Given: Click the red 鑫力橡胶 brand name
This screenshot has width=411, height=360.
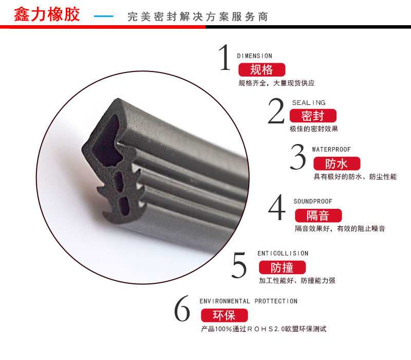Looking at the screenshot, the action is click(47, 14).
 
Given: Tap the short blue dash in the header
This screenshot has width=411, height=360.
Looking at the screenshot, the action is click(104, 16).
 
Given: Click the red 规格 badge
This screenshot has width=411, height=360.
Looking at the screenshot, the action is click(261, 69).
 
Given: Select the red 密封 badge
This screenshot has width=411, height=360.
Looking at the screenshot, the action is click(313, 116).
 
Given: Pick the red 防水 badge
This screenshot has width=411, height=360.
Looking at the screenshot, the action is click(337, 164).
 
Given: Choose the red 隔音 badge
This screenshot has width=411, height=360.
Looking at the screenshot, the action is click(318, 215).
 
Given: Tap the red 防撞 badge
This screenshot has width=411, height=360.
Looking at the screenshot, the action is click(282, 267).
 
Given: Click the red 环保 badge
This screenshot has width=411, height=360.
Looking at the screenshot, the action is click(225, 315).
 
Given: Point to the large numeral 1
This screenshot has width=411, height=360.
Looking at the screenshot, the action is click(225, 57).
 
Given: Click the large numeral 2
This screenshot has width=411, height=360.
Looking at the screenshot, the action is click(276, 111).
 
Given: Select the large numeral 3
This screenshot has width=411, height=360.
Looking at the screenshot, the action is click(298, 156).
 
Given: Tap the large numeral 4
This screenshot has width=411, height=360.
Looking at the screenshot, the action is click(277, 207).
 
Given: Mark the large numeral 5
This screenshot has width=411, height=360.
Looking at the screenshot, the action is click(239, 265).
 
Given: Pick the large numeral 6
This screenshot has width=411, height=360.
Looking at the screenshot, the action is click(182, 308).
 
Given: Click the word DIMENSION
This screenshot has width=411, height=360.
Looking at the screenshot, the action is click(254, 56).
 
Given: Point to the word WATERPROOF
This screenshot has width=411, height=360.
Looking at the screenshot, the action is click(331, 150).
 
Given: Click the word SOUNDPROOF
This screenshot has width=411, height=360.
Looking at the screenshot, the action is click(313, 202).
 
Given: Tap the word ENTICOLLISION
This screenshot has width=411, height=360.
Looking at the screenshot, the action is click(283, 254).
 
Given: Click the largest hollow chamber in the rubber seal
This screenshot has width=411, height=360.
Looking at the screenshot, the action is click(106, 142).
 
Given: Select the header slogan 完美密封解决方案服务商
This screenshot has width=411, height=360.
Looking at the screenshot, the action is click(198, 17).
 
